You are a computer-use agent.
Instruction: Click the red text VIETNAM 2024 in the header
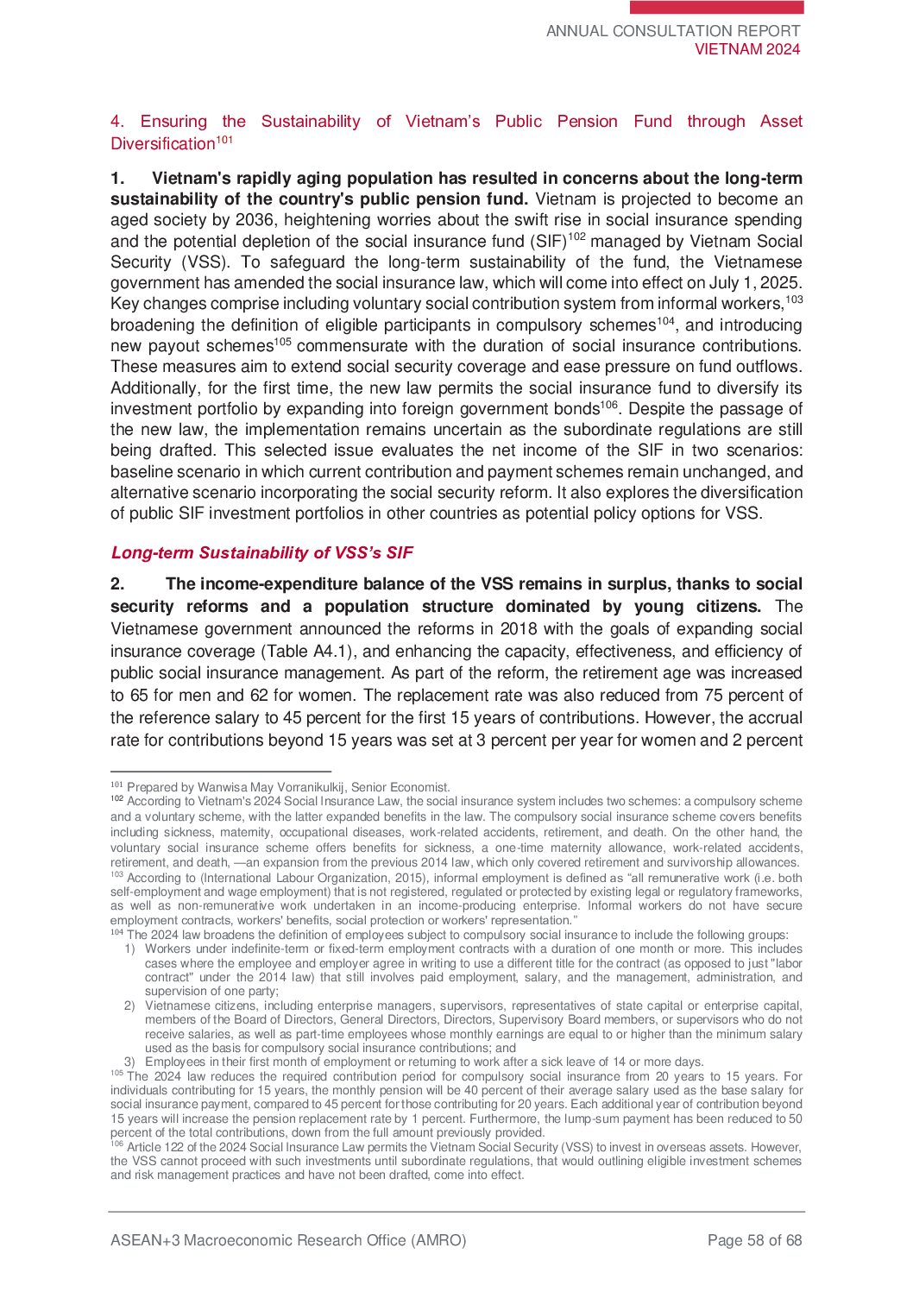tap(747, 49)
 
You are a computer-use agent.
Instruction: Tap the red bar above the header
tap(716, 7)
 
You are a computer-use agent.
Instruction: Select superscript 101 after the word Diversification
tap(224, 140)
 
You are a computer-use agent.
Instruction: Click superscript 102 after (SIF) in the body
tap(576, 236)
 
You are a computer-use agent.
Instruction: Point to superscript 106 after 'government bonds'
tap(609, 404)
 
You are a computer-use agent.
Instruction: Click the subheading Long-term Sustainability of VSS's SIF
tap(261, 553)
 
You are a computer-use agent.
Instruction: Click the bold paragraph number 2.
tap(117, 584)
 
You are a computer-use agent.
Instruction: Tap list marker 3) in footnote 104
tap(129, 1062)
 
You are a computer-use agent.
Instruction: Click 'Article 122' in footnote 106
tap(154, 1147)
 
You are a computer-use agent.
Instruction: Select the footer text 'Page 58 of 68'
tap(754, 1240)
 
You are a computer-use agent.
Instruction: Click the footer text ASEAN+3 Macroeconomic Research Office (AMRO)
tap(288, 1240)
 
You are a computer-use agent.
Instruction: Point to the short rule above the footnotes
tap(221, 772)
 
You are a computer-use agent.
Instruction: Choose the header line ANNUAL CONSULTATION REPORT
tap(673, 31)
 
